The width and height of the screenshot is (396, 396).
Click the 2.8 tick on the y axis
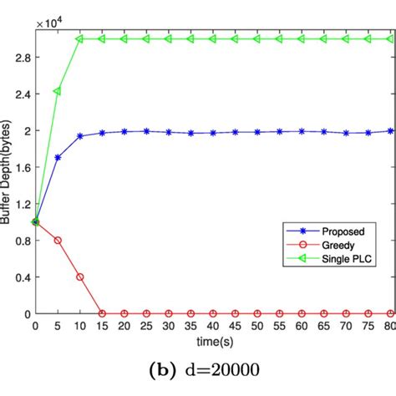coord(21,57)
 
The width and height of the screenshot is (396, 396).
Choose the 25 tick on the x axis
coord(147,327)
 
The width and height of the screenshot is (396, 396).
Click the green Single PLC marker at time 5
coord(57,90)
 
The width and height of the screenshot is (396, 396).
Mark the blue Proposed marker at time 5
coord(57,157)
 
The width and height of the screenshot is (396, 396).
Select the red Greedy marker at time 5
coord(57,240)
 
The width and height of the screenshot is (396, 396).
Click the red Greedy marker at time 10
coord(79,277)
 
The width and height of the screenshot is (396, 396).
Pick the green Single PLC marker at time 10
coord(79,38)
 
